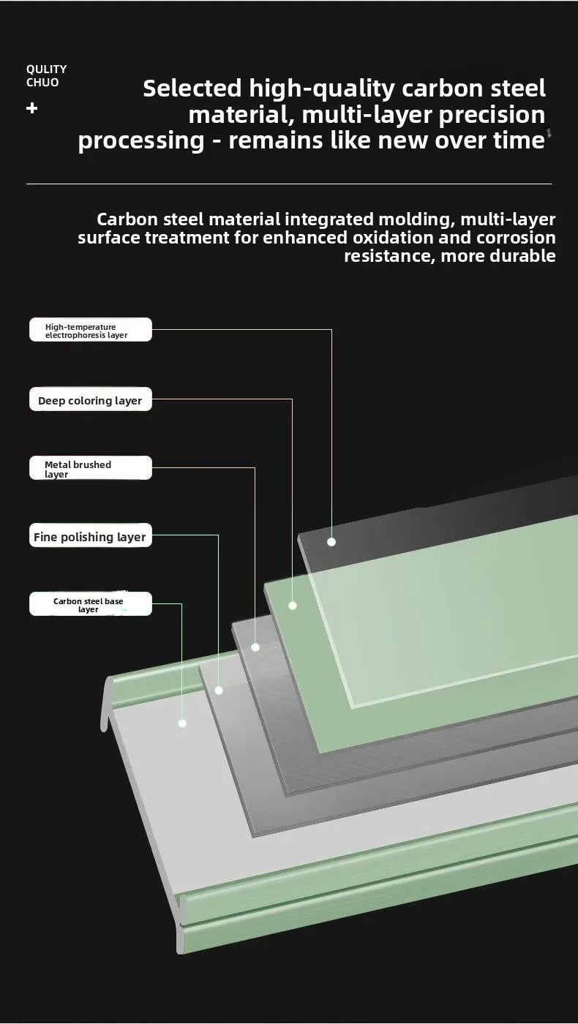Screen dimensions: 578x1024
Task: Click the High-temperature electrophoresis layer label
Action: (x=91, y=330)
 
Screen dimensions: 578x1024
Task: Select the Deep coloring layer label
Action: (x=91, y=399)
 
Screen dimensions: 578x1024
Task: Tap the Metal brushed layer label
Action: (x=91, y=467)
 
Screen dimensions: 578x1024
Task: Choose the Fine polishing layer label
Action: (x=91, y=535)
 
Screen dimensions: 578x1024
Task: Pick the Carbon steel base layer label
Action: (x=91, y=604)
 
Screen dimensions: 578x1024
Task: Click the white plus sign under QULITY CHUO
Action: (x=32, y=108)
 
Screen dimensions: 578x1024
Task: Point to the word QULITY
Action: (x=47, y=69)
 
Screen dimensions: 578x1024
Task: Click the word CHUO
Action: (x=42, y=82)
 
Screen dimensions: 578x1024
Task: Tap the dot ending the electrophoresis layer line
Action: (x=331, y=542)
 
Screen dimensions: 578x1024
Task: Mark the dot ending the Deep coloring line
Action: (x=293, y=606)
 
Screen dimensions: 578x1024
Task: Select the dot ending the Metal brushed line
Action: (x=255, y=647)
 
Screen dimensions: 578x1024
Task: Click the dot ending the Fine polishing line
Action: (x=219, y=690)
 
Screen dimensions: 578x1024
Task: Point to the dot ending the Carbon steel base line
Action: (x=182, y=723)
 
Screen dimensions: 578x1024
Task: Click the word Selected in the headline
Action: (x=192, y=89)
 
